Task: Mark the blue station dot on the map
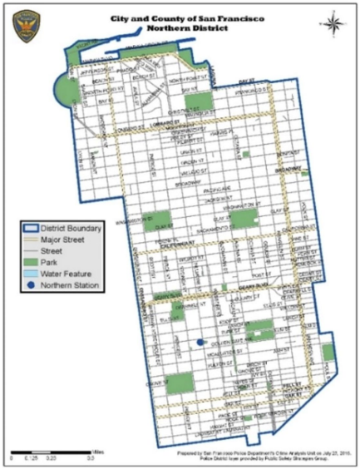[x=200, y=343]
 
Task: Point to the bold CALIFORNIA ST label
[x=174, y=246]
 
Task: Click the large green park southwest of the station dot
[x=178, y=383]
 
